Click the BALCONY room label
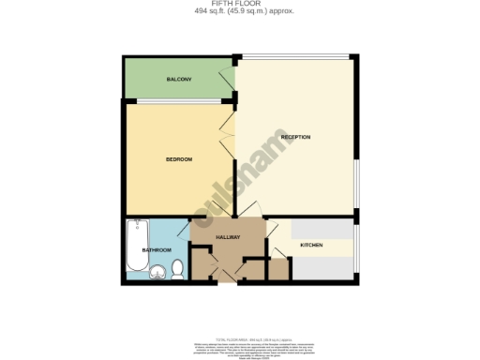[x=180, y=79]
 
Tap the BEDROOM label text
[x=179, y=159]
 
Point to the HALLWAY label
[x=229, y=237]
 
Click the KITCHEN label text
[x=311, y=246]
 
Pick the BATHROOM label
[x=157, y=250]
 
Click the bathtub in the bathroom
[x=138, y=245]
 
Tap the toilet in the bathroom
[x=176, y=270]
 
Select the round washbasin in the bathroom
[x=157, y=272]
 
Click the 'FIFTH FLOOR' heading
[x=240, y=4]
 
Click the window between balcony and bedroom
[x=178, y=99]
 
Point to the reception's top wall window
[x=296, y=58]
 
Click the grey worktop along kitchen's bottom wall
[x=322, y=269]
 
